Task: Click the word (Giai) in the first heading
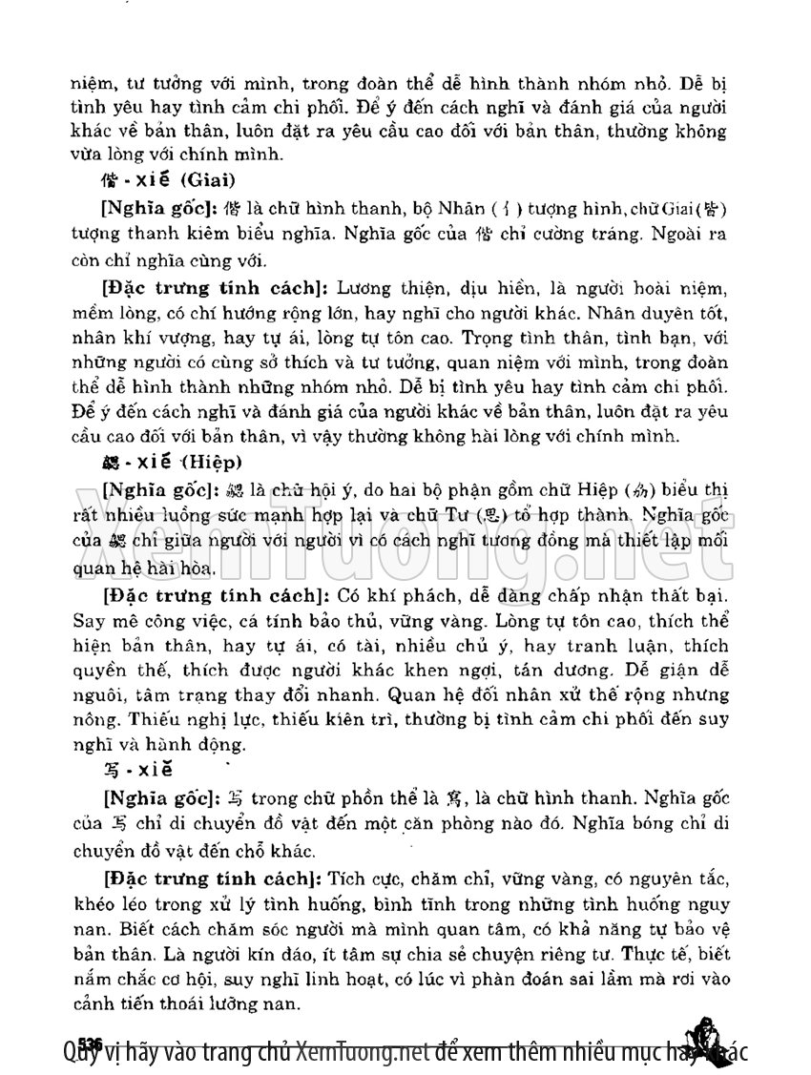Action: click(208, 178)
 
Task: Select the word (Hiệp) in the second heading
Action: click(212, 461)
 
